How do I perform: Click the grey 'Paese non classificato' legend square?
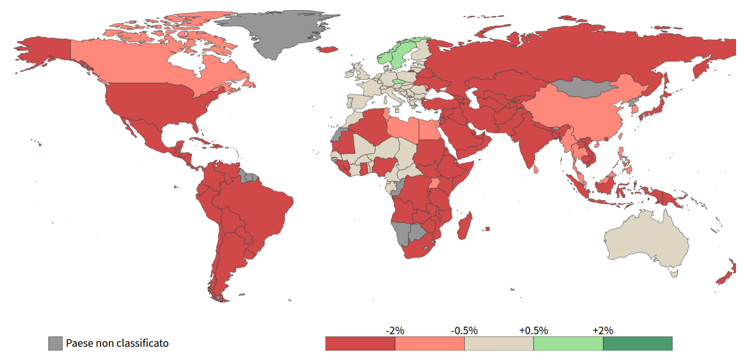point(56,344)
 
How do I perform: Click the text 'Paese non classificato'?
point(117,344)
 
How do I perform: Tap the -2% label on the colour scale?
point(395,330)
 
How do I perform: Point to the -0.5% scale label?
point(464,330)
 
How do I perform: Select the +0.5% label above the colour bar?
point(533,330)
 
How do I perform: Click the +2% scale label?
point(602,330)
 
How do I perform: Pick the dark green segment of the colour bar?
point(637,344)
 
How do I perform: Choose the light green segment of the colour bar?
point(568,344)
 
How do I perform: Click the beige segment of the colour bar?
point(499,344)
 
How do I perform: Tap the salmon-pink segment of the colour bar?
point(430,344)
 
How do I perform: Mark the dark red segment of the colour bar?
point(360,344)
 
